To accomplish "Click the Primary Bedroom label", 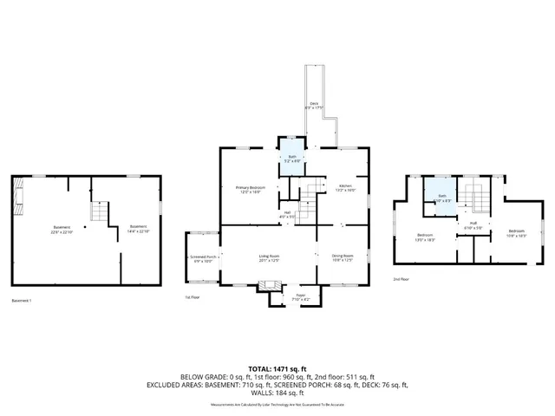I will (x=251, y=190).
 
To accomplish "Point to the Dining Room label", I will (x=342, y=258).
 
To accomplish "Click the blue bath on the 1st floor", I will (x=292, y=159).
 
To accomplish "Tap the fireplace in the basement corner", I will (x=18, y=197).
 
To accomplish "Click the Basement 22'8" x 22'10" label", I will (x=59, y=231).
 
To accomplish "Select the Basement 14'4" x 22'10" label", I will (x=127, y=231).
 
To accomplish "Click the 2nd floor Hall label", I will (x=473, y=225).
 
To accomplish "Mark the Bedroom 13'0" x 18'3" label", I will (x=425, y=237).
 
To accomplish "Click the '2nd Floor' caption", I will (x=401, y=280).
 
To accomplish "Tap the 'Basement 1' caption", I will (x=22, y=301).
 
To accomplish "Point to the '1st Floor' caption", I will (x=193, y=297).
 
